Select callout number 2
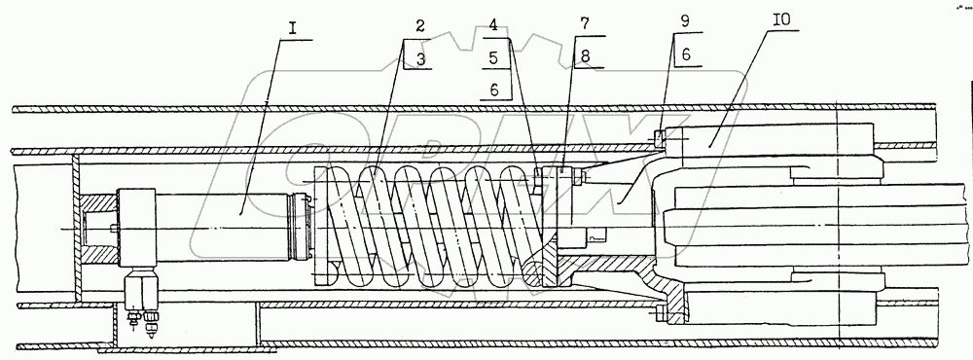pos(420,26)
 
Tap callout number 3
pos(420,59)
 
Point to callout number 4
pos(493,26)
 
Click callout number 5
pos(493,58)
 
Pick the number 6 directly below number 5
pos(494,90)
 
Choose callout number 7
pos(585,26)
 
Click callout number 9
pos(684,21)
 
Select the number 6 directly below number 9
pos(686,54)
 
